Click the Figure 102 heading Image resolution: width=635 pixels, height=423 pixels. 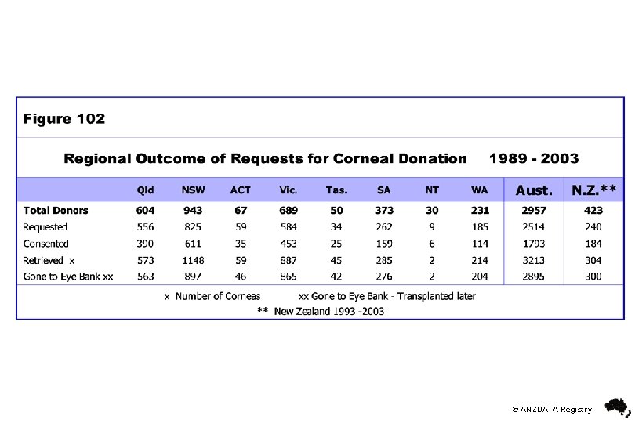64,119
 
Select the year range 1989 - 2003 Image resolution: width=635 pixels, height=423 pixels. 533,158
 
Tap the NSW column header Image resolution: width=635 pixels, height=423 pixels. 191,190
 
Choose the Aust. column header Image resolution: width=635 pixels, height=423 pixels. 534,190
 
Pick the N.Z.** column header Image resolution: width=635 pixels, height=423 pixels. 593,190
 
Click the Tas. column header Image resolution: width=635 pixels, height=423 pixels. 336,190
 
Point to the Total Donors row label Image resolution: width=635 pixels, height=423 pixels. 56,210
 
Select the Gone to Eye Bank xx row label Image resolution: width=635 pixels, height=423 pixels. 68,277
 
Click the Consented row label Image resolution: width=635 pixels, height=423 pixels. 45,244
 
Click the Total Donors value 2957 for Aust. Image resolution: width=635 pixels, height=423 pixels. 534,210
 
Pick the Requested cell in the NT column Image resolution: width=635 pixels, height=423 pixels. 432,227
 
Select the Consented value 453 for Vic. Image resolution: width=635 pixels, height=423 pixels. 288,244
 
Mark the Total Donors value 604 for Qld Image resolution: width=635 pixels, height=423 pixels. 145,210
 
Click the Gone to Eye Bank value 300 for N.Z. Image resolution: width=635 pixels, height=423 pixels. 593,277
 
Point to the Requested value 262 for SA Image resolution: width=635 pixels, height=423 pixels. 383,227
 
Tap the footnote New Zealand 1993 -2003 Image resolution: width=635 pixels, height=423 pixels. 328,311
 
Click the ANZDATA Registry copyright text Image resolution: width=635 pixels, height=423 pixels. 552,409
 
